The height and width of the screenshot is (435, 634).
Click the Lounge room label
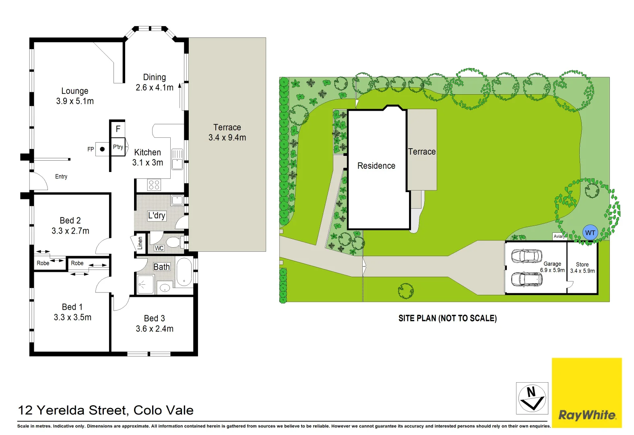coord(75,91)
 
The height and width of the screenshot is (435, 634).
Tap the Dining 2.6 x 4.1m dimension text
coord(155,87)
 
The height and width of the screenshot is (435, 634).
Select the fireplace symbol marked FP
coord(102,149)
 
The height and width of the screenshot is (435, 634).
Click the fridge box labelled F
coord(118,129)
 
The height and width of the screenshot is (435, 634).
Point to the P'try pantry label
coord(118,147)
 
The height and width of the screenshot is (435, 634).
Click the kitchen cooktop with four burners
coord(154,185)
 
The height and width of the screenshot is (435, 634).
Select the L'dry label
coord(157,215)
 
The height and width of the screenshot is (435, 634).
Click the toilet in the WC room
coord(173,242)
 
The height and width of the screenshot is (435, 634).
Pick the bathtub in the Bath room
coord(184,272)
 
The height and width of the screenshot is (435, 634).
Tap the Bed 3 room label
coord(155,319)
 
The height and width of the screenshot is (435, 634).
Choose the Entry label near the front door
coord(61,176)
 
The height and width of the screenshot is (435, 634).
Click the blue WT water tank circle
coord(590,233)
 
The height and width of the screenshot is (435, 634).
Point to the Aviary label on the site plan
coord(559,236)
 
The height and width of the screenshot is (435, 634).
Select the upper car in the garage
coord(527,256)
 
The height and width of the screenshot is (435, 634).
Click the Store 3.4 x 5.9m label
coord(582,267)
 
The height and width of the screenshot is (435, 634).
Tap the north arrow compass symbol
coord(532,398)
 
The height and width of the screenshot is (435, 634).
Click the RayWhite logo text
coord(587,415)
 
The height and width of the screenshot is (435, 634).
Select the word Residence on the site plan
coord(376,166)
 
